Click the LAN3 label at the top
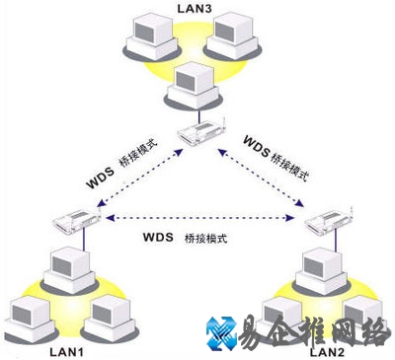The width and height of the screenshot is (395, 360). click(x=195, y=9)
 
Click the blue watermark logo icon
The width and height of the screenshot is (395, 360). click(x=223, y=332)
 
